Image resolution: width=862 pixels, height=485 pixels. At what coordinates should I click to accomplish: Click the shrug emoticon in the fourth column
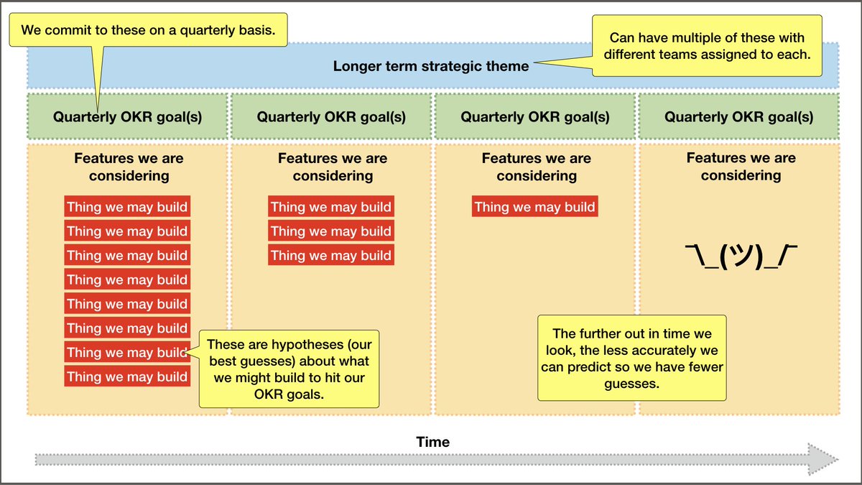pos(741,257)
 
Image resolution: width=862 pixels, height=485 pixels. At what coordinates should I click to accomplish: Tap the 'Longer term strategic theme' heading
pos(431,66)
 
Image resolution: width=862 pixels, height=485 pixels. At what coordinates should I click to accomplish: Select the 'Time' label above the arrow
pos(433,442)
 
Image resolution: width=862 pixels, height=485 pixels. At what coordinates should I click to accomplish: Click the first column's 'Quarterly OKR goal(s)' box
pos(127,116)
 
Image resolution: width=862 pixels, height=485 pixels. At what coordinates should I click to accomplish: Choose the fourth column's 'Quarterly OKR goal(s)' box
pos(739,116)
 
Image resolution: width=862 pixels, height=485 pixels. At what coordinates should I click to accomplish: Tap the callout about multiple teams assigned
pos(707,45)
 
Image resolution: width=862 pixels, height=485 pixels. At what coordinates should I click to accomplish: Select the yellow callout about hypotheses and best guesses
pos(289,368)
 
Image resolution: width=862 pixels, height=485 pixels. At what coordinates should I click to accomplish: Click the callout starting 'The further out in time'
pos(632,357)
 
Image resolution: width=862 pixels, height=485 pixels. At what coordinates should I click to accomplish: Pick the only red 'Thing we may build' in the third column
pos(534,207)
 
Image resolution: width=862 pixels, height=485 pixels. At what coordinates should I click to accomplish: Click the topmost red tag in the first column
pos(127,207)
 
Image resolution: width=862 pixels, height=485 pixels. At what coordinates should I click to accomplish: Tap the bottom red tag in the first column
pos(127,377)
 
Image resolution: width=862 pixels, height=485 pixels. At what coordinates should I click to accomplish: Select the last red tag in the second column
pos(331,255)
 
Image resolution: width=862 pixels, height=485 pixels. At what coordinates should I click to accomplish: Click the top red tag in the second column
pos(331,207)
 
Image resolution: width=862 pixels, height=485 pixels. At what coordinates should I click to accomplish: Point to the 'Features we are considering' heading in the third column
pos(536,167)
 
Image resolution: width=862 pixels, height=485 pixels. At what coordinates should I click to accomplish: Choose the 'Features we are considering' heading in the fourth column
pos(741,167)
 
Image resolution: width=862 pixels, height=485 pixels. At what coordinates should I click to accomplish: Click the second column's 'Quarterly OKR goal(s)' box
pos(331,116)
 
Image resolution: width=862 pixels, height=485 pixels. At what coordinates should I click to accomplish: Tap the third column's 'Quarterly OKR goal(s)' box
pos(535,116)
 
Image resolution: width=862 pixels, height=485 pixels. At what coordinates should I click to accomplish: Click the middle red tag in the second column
pos(331,231)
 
